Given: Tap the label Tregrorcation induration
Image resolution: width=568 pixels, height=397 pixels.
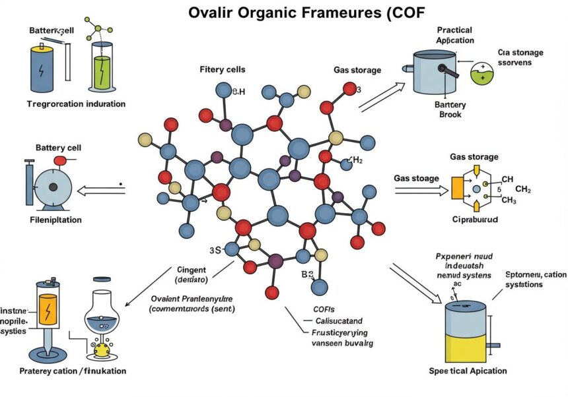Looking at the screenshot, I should pyautogui.click(x=77, y=104).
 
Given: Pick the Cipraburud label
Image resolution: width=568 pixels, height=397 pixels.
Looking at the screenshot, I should pyautogui.click(x=474, y=218).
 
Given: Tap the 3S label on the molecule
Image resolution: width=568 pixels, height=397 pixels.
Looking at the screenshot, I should pyautogui.click(x=215, y=250).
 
